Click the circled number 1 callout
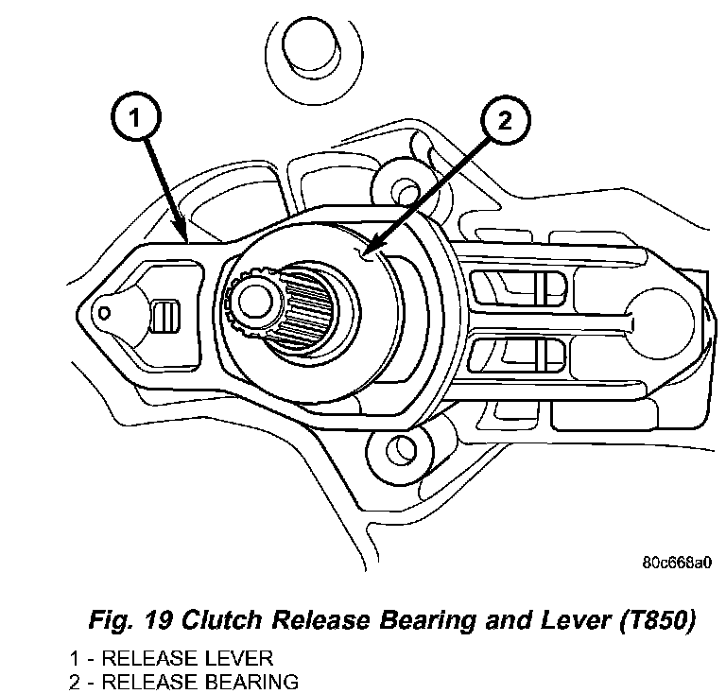(136, 117)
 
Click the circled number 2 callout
(505, 120)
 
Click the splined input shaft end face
(254, 302)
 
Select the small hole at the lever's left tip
(105, 313)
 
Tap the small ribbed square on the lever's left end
(165, 316)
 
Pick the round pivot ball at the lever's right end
(661, 323)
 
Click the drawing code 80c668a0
(677, 563)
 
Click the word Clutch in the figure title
(222, 619)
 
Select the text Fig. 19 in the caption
(131, 620)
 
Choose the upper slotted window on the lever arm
(516, 288)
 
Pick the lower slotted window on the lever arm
(516, 356)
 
